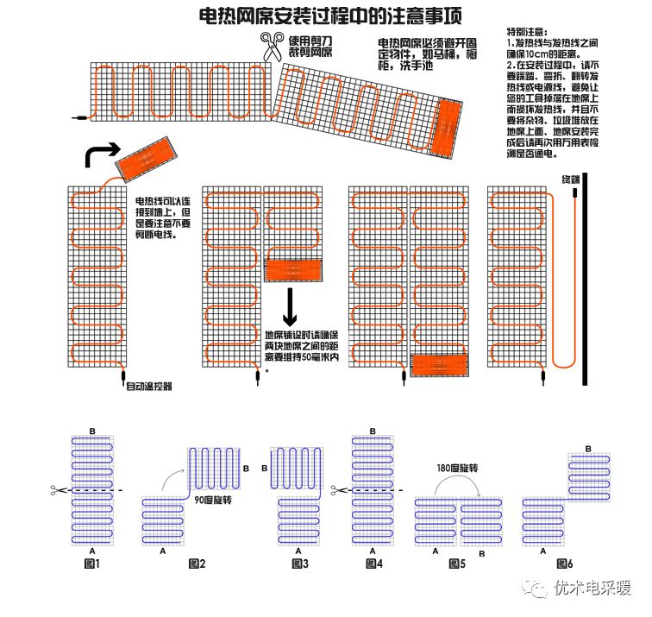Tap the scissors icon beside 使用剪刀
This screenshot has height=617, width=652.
[273, 47]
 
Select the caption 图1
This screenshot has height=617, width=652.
[92, 563]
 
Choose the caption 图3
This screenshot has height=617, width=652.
[299, 563]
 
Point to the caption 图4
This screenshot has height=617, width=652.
[373, 563]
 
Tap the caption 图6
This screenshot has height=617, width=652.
[565, 563]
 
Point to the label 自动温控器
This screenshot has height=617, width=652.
[149, 387]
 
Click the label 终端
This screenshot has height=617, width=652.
[571, 179]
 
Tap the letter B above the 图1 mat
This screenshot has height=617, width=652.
[92, 431]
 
